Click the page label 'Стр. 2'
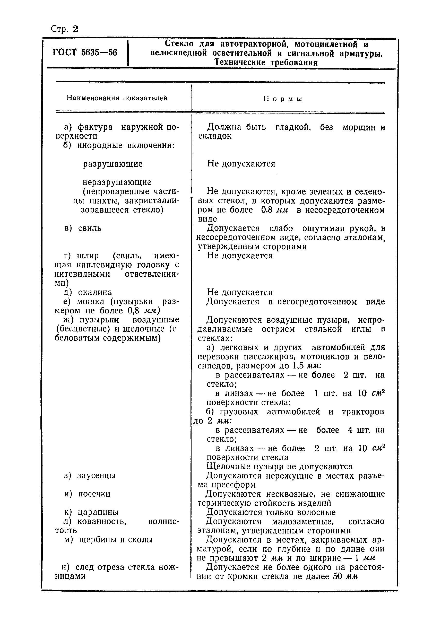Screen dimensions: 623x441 pos(64,29)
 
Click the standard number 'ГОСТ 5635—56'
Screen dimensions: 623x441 pos(85,52)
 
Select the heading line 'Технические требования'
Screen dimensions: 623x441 pos(266,63)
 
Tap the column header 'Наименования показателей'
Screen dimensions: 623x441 pos(117,98)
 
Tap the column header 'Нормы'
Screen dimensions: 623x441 pos(283,99)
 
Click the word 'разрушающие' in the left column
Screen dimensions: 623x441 pos(113,164)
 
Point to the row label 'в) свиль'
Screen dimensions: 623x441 pos(83,228)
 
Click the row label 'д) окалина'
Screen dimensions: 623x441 pos(88,292)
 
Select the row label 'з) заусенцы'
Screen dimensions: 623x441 pos(90,475)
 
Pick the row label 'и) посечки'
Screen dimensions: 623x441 pos(87,494)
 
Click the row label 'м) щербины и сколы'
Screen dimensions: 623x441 pos(108,540)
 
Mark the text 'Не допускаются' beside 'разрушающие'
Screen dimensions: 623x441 pos(241,164)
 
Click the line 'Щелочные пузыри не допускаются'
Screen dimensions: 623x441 pos(279,466)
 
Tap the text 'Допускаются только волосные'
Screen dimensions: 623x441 pos(271,512)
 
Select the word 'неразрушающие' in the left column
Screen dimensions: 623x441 pos(117,182)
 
